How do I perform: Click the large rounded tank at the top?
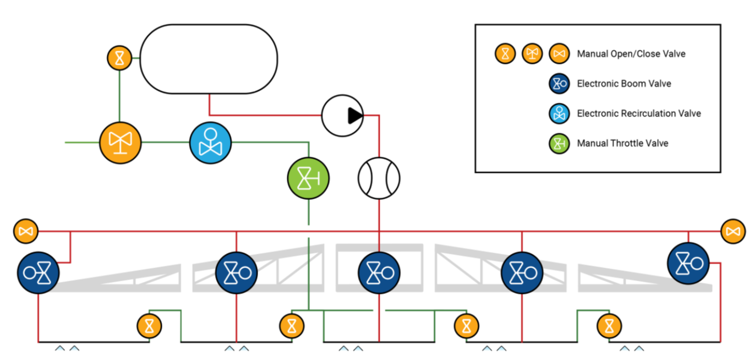[209, 59]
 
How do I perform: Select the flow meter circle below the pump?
[379, 178]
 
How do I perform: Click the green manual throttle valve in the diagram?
[308, 178]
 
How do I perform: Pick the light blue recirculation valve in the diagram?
[210, 143]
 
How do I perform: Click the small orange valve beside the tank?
[119, 57]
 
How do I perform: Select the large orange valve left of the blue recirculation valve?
[120, 143]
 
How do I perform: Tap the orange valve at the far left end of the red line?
[25, 231]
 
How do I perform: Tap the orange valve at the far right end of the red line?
[732, 231]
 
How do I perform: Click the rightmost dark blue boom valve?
[688, 263]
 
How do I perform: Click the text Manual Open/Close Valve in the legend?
[631, 54]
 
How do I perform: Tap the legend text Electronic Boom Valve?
[624, 84]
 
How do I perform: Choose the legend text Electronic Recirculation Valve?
[638, 113]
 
